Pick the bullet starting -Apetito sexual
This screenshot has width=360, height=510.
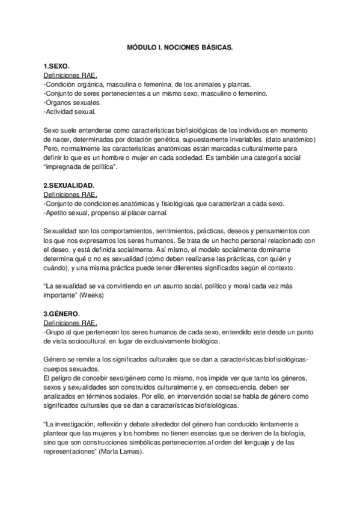pyautogui.click(x=99, y=213)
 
